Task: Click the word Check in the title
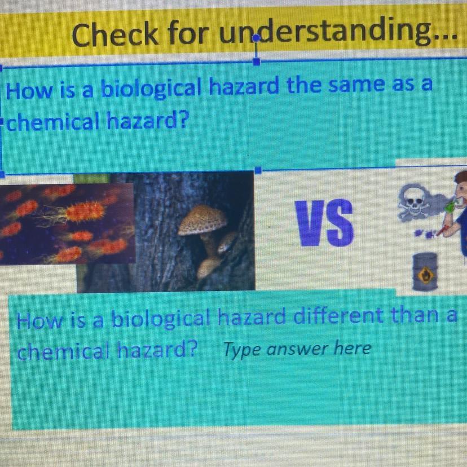114,34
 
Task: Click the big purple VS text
324,223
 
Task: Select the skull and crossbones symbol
415,203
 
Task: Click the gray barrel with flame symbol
425,272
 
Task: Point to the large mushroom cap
202,220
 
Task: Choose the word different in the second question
339,316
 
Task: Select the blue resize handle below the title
257,61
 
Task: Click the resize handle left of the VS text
258,170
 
